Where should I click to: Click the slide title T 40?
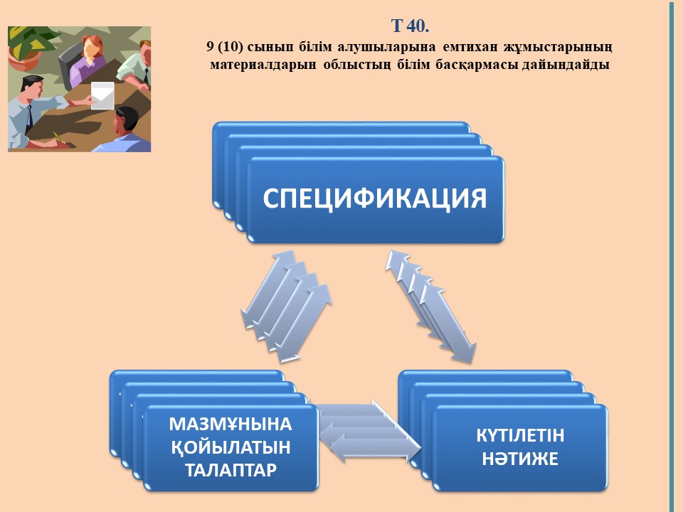[x=410, y=26]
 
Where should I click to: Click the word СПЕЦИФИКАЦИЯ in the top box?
[x=375, y=198]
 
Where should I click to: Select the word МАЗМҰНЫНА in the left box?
[x=231, y=424]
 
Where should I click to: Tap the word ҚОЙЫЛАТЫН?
[x=231, y=447]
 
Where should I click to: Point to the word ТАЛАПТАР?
[x=231, y=470]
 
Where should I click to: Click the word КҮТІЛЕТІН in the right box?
[x=520, y=435]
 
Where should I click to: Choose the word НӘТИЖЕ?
[x=520, y=459]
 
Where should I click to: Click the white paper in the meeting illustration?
[x=102, y=95]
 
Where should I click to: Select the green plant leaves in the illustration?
[x=32, y=41]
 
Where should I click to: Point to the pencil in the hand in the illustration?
[x=58, y=137]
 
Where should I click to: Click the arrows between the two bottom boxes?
[x=369, y=431]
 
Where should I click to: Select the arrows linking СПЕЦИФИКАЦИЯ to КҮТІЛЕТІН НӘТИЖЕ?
[x=431, y=306]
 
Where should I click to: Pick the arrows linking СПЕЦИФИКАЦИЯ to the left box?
[x=287, y=306]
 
